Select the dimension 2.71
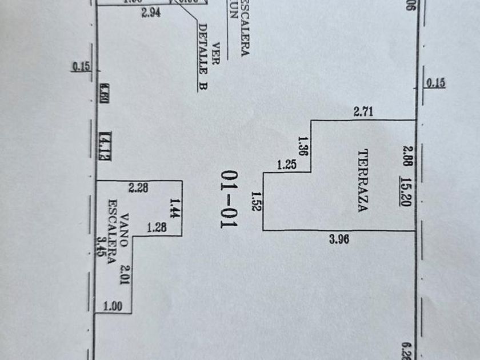(x=363, y=112)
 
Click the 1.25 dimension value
(x=287, y=165)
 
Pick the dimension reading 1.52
(x=256, y=201)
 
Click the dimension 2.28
(x=139, y=187)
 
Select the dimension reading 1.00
(x=113, y=306)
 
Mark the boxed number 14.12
(x=104, y=145)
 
